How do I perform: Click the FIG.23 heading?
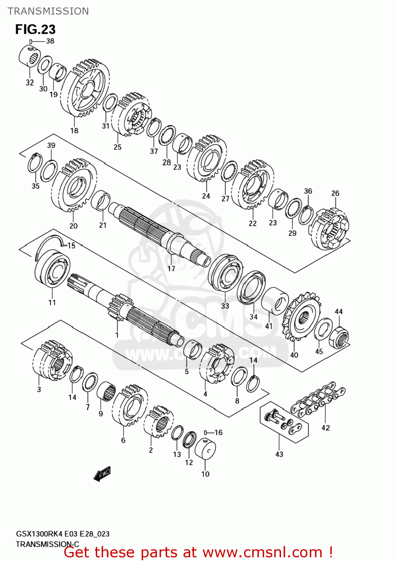(x=35, y=30)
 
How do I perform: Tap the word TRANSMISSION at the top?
(x=48, y=11)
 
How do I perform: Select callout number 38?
(x=50, y=41)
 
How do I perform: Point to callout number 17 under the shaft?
(x=171, y=269)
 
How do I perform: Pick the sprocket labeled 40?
(x=302, y=318)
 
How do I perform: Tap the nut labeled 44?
(x=339, y=337)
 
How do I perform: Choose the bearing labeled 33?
(x=225, y=272)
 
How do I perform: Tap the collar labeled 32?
(x=29, y=56)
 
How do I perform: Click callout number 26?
(x=335, y=193)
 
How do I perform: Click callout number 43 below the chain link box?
(x=279, y=454)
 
